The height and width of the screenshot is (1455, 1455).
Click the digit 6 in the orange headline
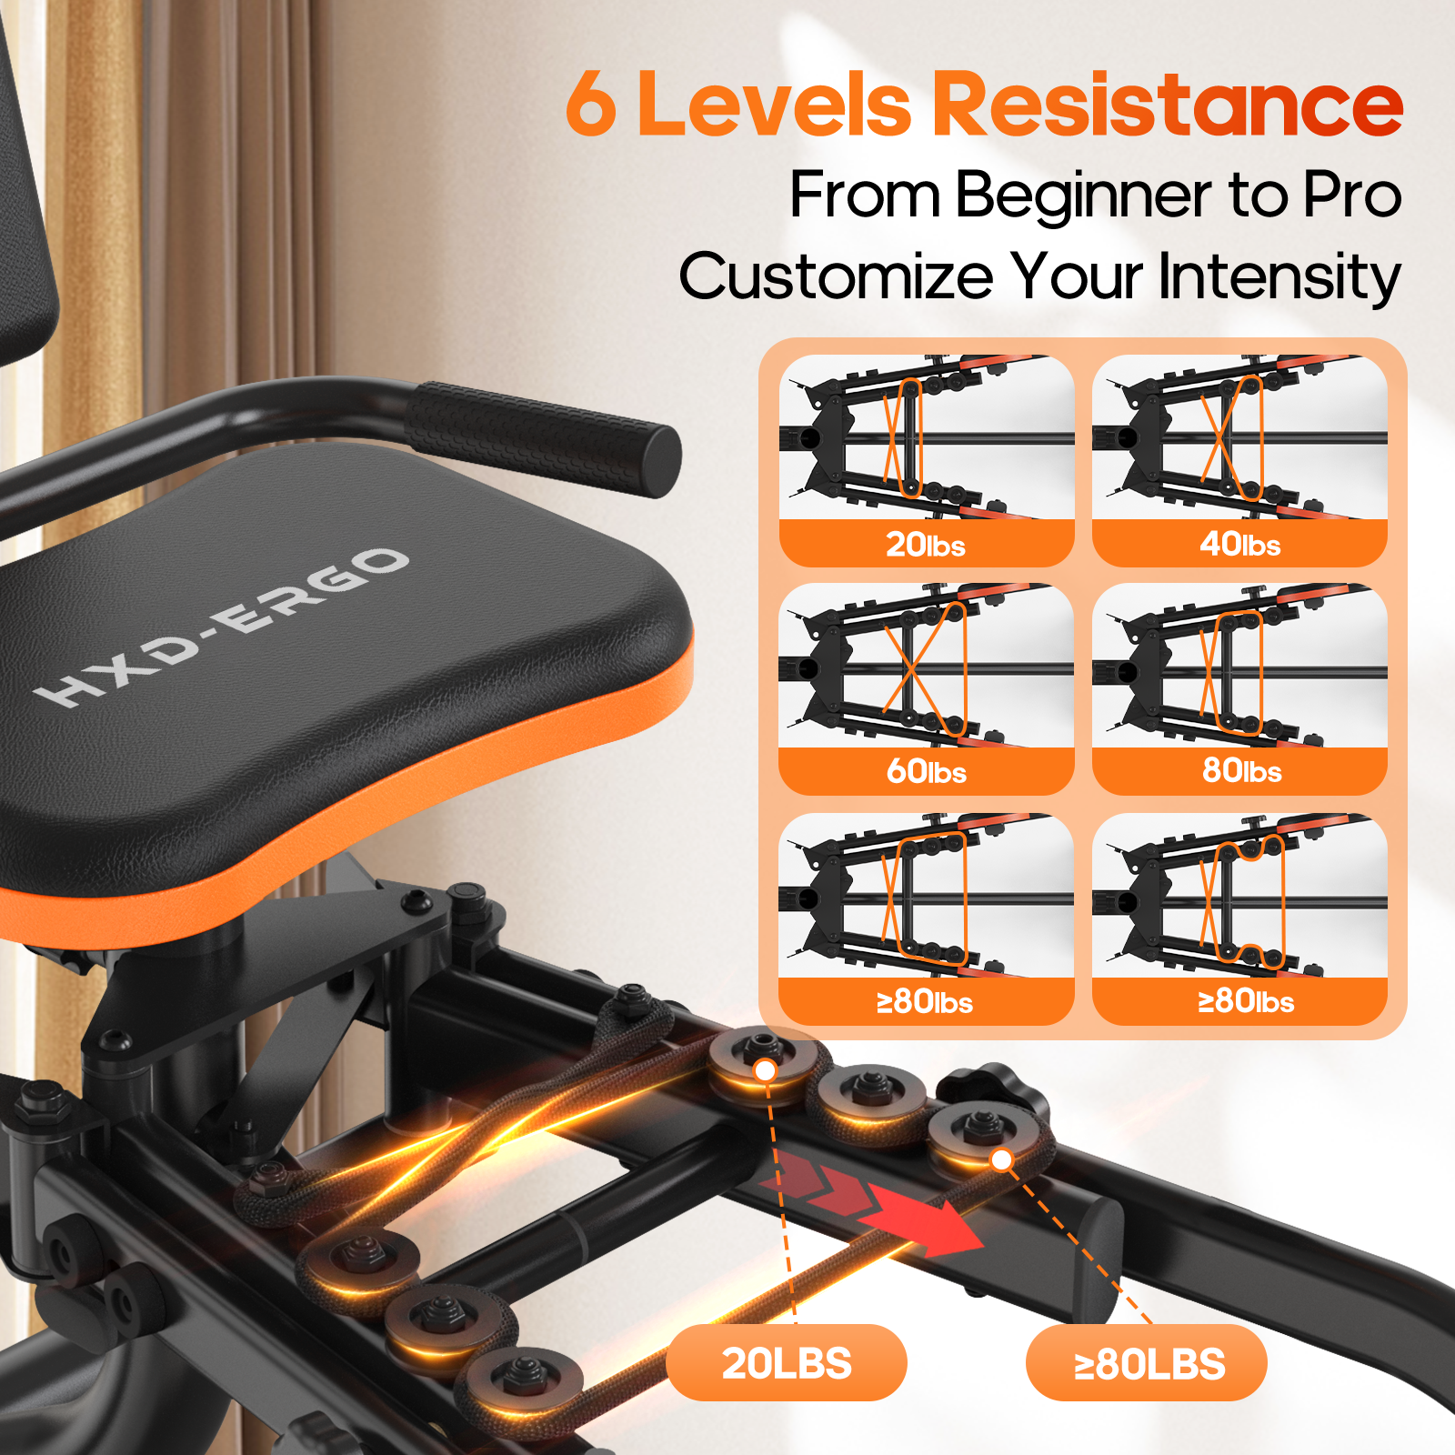click(x=591, y=104)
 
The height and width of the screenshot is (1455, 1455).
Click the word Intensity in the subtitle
click(x=1279, y=276)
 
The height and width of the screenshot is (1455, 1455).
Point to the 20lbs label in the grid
click(x=926, y=545)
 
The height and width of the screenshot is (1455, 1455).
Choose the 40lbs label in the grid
click(x=1240, y=544)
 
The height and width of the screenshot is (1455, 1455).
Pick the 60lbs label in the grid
click(x=927, y=772)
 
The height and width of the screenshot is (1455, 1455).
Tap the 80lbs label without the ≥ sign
click(x=1242, y=771)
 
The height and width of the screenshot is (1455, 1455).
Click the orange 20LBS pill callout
click(x=787, y=1363)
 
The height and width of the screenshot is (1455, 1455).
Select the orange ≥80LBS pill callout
click(x=1147, y=1363)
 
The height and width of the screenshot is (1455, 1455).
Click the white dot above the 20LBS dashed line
click(x=766, y=1070)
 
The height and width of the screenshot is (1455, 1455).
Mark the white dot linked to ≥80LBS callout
click(x=1001, y=1159)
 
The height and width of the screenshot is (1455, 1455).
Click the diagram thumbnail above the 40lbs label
click(x=1239, y=437)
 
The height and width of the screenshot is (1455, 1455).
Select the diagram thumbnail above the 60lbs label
click(x=926, y=666)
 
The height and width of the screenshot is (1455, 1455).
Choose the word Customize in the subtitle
click(x=837, y=276)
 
